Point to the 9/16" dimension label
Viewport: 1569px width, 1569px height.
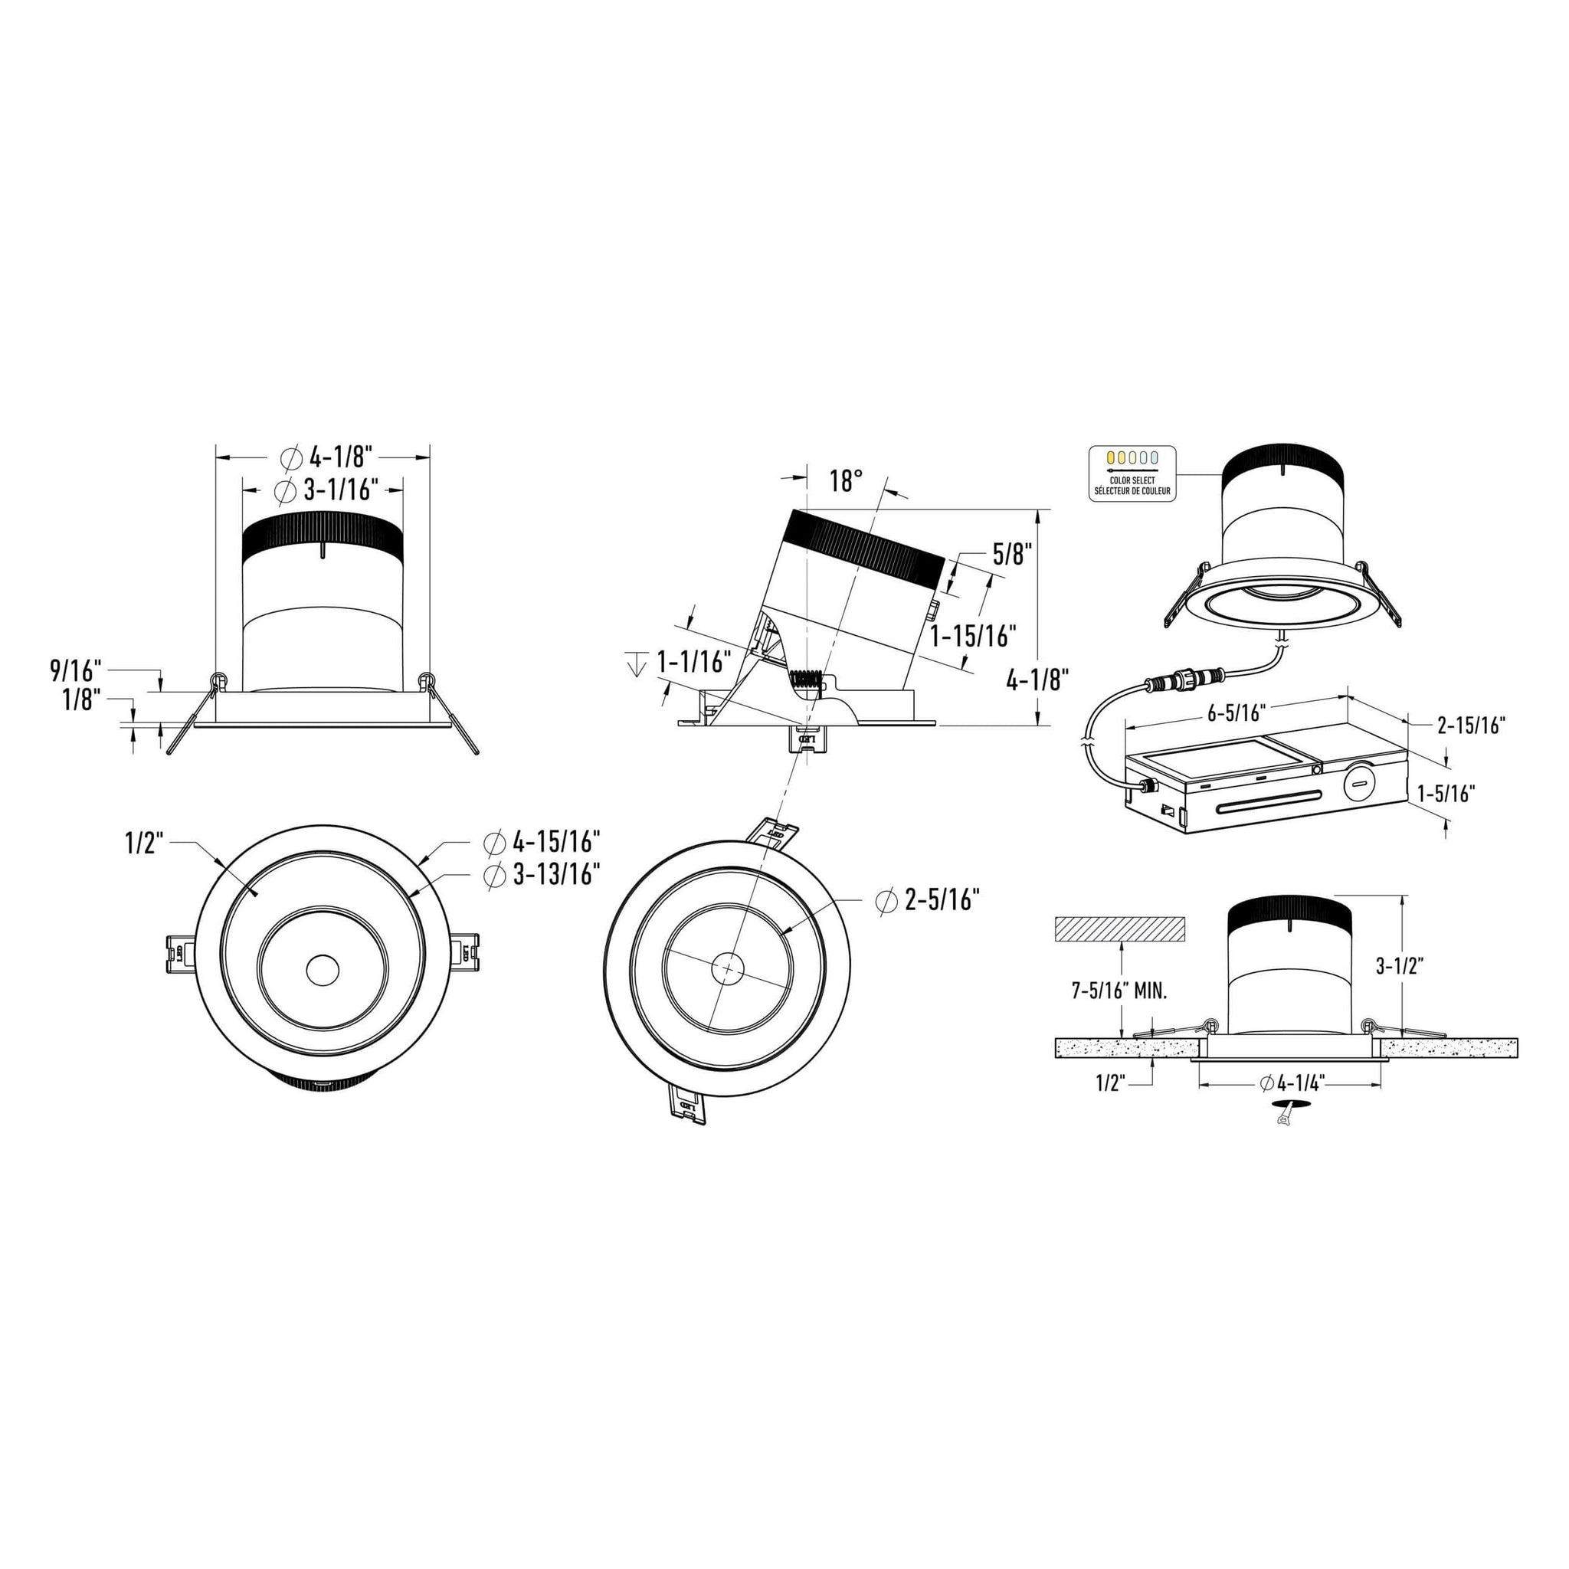[76, 671]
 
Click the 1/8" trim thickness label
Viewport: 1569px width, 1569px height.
[81, 699]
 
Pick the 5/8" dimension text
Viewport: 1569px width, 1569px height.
[1012, 555]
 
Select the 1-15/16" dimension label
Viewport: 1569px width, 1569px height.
[973, 636]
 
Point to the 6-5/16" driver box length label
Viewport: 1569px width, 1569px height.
[1237, 713]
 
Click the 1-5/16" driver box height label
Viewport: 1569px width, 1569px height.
[1446, 793]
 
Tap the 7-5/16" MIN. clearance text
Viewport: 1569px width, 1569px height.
[1120, 991]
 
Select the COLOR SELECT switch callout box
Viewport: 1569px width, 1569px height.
[1132, 473]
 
